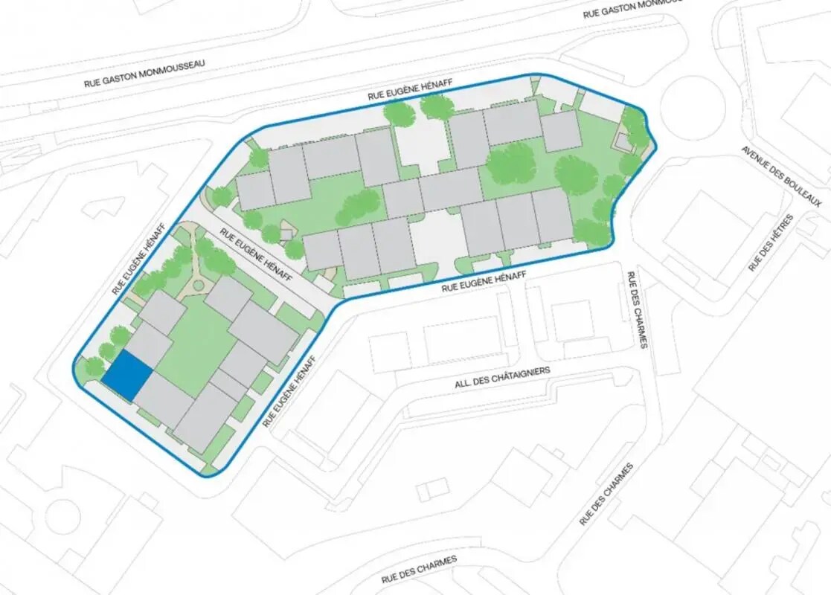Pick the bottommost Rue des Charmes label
[419, 569]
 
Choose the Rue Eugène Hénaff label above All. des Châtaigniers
[484, 281]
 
